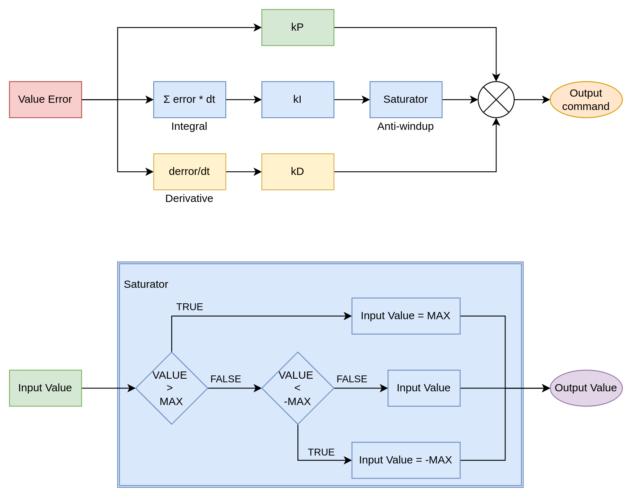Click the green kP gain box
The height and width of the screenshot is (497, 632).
297,27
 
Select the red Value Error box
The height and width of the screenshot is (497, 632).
45,100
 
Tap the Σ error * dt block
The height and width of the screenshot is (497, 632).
190,100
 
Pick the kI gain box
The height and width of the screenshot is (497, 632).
297,100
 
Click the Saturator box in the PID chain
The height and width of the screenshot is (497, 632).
406,100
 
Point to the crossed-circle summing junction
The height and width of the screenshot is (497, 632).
496,100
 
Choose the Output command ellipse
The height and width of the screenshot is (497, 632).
586,100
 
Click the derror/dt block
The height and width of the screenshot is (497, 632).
190,172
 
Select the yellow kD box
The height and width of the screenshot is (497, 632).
297,172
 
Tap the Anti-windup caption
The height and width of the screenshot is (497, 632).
406,126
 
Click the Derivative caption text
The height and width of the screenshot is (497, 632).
189,198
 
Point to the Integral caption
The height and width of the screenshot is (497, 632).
189,126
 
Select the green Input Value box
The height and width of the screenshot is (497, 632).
45,388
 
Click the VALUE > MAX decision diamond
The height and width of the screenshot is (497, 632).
172,388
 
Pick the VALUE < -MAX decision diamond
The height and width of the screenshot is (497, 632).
297,388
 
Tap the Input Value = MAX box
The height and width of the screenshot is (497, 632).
406,316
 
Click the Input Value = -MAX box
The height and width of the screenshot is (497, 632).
406,460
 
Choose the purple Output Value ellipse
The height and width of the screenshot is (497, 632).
586,388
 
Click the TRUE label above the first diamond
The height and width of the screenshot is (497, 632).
190,307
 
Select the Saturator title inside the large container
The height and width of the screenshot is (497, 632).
146,284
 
